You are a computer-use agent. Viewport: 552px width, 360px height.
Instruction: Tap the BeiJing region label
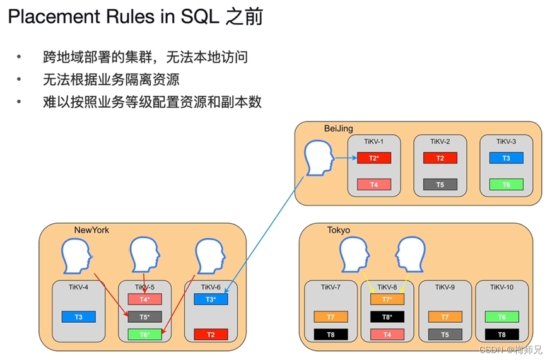338,129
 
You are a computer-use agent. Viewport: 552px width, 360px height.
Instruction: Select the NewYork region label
91,230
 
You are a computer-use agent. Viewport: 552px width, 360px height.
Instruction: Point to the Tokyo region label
338,230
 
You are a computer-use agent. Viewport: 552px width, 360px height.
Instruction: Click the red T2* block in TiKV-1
373,158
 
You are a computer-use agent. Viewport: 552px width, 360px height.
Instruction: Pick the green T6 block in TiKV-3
506,185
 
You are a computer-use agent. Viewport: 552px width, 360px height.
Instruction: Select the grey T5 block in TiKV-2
440,185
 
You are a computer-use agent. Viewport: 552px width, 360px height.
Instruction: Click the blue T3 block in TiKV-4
78,316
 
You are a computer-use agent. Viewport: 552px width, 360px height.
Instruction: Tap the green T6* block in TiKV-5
144,334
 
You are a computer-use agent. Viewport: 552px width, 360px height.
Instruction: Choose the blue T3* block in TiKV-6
211,299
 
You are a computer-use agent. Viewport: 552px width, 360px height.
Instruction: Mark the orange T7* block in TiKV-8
387,299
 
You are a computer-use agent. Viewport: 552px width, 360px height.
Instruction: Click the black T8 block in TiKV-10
502,334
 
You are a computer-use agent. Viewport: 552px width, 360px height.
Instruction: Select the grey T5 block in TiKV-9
444,334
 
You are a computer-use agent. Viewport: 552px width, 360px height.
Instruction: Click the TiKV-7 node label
330,287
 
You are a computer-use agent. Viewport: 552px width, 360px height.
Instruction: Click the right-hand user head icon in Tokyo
411,256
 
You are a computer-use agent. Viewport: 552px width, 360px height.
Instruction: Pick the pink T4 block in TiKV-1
373,185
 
